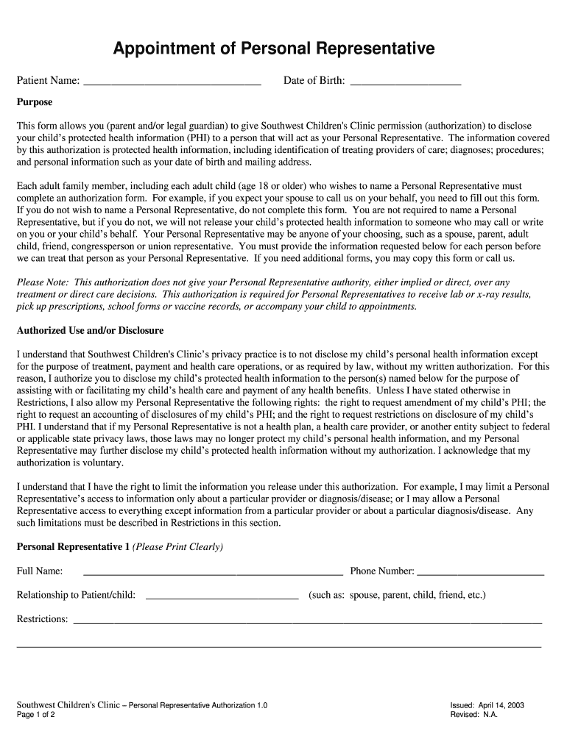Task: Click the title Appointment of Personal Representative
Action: click(x=274, y=49)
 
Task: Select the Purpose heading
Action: click(x=35, y=102)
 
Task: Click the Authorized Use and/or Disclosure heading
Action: click(x=90, y=331)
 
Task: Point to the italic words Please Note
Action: click(x=42, y=282)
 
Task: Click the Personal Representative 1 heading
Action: click(x=73, y=547)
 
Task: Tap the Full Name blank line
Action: click(x=213, y=571)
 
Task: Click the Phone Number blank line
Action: click(x=480, y=571)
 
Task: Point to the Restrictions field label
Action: click(x=43, y=619)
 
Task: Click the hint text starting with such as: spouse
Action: click(x=397, y=596)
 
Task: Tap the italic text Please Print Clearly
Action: click(x=177, y=547)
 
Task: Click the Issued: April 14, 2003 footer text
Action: click(x=487, y=705)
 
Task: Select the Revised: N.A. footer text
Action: click(x=474, y=715)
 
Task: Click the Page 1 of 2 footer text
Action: click(x=36, y=715)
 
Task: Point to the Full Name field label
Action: click(x=40, y=571)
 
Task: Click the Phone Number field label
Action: click(x=382, y=571)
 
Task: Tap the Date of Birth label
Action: click(x=314, y=81)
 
